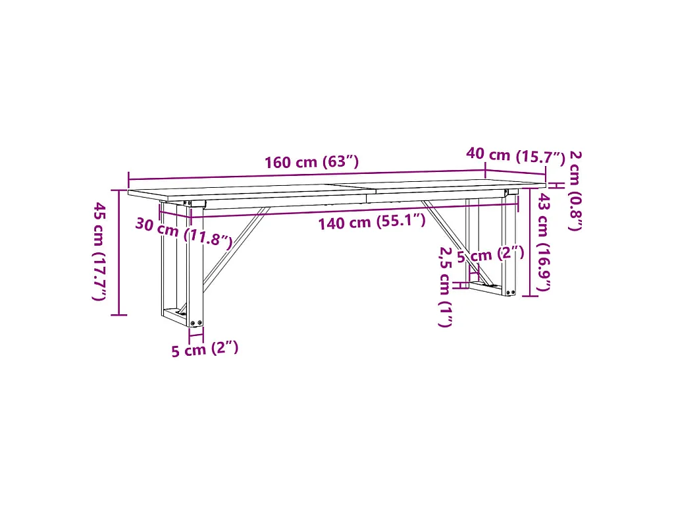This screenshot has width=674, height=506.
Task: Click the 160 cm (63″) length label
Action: click(x=311, y=162)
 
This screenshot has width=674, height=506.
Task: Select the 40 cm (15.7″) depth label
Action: click(x=515, y=155)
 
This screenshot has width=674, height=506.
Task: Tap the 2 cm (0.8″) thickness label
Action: click(x=575, y=190)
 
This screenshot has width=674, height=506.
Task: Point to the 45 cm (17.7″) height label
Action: click(x=100, y=251)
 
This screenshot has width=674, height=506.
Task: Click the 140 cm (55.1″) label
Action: click(x=372, y=222)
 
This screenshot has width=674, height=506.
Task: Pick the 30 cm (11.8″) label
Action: click(x=184, y=232)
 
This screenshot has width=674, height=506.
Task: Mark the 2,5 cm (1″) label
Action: click(x=446, y=287)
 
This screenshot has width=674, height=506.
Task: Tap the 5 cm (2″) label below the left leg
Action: click(x=205, y=349)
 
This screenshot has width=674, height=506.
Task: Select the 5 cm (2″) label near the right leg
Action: click(x=490, y=255)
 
